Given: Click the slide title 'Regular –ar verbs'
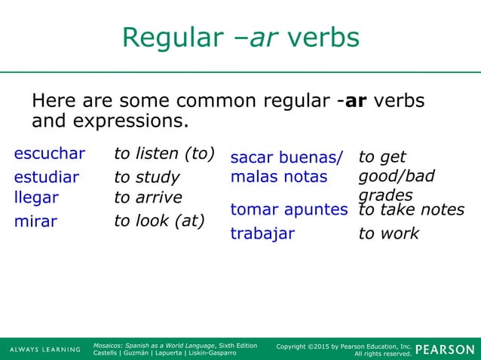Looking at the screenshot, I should point(240,38).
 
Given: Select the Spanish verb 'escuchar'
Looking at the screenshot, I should point(50,154).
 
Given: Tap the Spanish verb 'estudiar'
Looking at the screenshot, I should point(46,178).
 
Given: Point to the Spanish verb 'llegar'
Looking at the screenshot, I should point(36,197).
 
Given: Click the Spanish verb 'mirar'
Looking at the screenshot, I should point(35,221).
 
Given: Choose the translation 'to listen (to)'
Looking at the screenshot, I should point(164,154).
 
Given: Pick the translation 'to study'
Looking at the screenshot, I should point(146,178).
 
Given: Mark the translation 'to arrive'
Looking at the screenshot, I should point(148,197).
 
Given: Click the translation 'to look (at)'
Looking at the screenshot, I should point(159,221).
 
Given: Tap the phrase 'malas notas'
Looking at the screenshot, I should point(279,177).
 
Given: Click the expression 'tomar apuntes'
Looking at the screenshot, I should point(289,209).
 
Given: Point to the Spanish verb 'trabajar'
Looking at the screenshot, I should point(262,233).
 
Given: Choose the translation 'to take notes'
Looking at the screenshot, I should point(411,209).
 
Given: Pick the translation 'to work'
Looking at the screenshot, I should point(388,233).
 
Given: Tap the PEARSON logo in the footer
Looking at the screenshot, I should point(445,349).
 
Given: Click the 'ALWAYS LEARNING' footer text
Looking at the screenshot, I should point(44,349).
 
